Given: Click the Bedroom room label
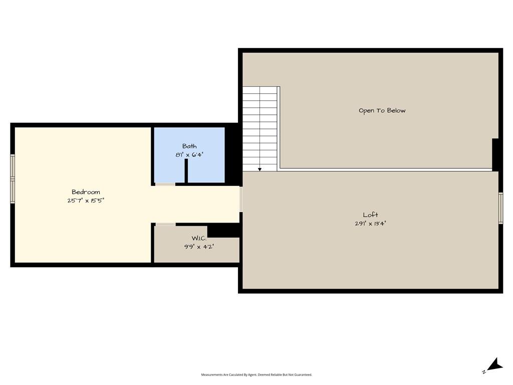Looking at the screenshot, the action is point(86,192).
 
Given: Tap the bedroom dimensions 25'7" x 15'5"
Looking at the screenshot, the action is point(86,201).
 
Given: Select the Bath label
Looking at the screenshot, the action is point(189,146).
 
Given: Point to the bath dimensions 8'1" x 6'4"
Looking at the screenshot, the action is point(189,154).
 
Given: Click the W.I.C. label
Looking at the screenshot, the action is point(199,238).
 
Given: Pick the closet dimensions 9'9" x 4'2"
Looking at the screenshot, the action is point(199,247).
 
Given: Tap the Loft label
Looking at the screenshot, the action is point(370,215).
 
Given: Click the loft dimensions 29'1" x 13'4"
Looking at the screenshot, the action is point(370,224).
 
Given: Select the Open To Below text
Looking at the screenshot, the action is point(382,111).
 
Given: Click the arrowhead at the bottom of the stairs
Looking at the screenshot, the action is point(260,169).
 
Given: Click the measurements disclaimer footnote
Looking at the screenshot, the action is point(256,374).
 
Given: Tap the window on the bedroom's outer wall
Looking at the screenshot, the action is point(13,179).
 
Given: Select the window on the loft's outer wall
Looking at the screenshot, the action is point(500,208).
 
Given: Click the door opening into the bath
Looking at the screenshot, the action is point(165,184).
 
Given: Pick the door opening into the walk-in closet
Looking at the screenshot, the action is point(165,224).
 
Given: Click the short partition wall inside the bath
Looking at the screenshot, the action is point(186,170).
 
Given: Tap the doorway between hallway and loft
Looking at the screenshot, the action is point(241,199).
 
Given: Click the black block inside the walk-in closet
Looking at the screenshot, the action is point(224,231).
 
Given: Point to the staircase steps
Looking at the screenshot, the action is point(260,128).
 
